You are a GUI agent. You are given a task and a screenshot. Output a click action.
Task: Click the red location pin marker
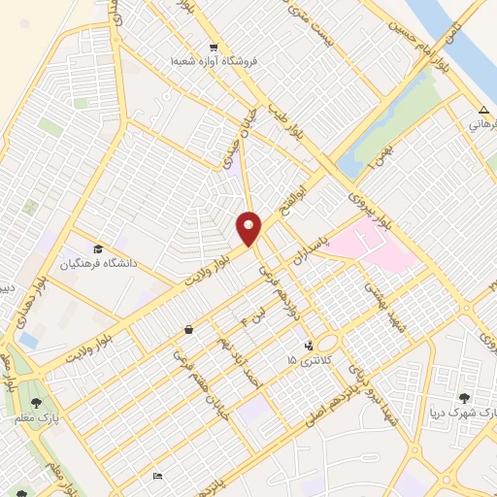coord(249,228)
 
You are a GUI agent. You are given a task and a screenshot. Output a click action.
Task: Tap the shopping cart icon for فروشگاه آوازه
coord(214,47)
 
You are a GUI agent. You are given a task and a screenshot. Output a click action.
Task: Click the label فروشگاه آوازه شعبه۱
coord(211,62)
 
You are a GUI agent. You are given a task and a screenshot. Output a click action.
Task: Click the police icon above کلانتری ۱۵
coord(309,345)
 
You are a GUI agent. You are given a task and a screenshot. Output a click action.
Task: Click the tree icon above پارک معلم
coord(37,402)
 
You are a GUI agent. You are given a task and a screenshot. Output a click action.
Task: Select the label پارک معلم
coord(43,417)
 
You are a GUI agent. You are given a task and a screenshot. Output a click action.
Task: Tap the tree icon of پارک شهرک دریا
coord(465,397)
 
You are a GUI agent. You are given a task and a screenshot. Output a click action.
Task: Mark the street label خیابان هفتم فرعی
coord(190,373)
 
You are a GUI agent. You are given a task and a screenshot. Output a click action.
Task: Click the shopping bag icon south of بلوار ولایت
coord(187,330)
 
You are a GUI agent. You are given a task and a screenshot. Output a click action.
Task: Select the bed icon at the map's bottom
coord(157,476)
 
